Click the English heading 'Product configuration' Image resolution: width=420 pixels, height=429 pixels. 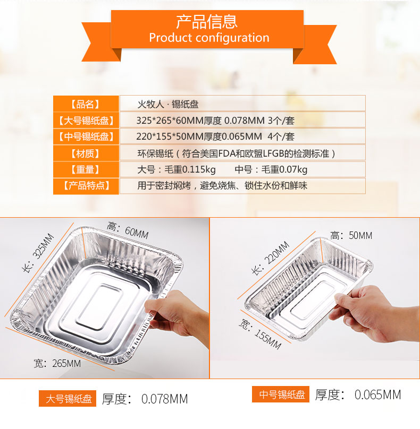(209, 38)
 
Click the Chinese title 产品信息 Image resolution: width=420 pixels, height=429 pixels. (207, 22)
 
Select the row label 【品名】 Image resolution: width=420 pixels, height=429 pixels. (86, 104)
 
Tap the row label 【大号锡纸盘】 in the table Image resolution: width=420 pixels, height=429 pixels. (86, 121)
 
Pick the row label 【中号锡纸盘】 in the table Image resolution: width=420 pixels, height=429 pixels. (86, 136)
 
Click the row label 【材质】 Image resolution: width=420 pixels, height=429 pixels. (86, 153)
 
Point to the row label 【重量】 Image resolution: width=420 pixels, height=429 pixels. (86, 169)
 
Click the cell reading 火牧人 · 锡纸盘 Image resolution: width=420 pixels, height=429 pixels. (168, 104)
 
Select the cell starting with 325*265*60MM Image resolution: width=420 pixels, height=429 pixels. (216, 121)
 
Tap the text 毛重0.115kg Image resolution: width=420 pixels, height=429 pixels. (190, 169)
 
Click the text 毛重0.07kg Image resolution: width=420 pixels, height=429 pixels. (284, 169)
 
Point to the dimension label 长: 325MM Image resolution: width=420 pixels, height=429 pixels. (38, 253)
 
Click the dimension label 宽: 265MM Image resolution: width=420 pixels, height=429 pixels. (57, 363)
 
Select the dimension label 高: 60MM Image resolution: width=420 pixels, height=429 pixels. (128, 230)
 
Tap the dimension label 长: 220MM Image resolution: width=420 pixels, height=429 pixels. (270, 258)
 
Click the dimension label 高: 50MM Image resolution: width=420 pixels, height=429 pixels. (351, 235)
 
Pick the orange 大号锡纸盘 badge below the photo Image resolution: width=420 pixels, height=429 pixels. (68, 398)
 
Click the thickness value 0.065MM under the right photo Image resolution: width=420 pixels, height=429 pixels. (378, 394)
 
